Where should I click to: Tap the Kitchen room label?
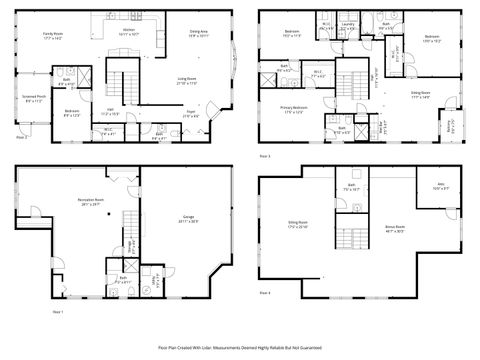(128, 32)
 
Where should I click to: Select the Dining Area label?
(199, 33)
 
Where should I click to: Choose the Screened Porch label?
(34, 98)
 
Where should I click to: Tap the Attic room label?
(439, 185)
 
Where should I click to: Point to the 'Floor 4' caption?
(265, 293)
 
